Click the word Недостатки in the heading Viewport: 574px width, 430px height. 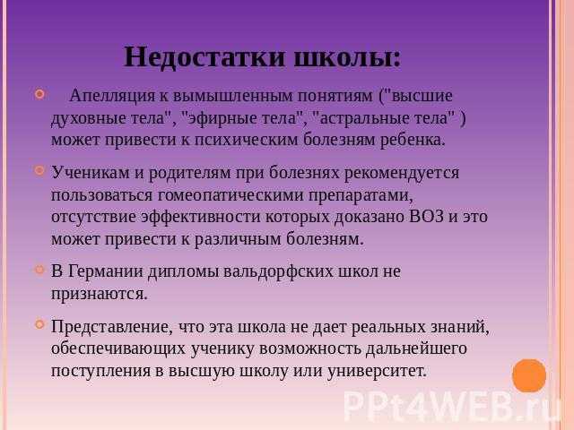pyautogui.click(x=204, y=57)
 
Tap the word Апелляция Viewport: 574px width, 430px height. pyautogui.click(x=112, y=96)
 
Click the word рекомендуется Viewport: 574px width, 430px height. pyautogui.click(x=402, y=173)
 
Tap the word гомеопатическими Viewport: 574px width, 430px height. pyautogui.click(x=230, y=195)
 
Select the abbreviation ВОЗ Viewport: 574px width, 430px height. pyautogui.click(x=427, y=217)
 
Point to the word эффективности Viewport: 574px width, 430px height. pyautogui.click(x=201, y=217)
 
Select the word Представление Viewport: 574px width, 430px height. pyautogui.click(x=111, y=327)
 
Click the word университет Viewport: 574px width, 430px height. pyautogui.click(x=377, y=371)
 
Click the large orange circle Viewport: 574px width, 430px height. pyautogui.click(x=529, y=376)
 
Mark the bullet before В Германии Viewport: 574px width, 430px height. pyautogui.click(x=39, y=270)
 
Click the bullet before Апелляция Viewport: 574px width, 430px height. pyautogui.click(x=39, y=94)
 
